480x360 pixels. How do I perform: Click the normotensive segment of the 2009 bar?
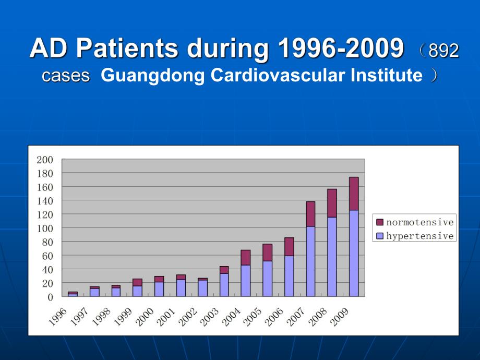click(x=354, y=194)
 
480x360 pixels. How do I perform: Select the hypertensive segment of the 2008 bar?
click(x=332, y=257)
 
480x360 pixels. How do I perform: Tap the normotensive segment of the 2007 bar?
click(x=310, y=214)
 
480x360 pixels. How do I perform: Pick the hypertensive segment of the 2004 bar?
click(x=246, y=281)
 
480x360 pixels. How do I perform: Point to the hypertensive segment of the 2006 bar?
click(x=289, y=276)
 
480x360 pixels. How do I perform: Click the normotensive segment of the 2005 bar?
click(x=267, y=253)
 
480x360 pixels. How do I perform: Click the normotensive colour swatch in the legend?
click(x=380, y=222)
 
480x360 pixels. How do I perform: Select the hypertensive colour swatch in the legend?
click(x=380, y=236)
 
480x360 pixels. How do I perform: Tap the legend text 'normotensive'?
click(x=419, y=222)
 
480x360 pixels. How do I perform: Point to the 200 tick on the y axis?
click(x=45, y=159)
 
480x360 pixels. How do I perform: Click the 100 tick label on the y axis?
click(x=45, y=228)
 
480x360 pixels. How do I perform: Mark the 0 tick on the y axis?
click(x=50, y=297)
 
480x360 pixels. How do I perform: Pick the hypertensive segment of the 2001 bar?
click(x=181, y=288)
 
